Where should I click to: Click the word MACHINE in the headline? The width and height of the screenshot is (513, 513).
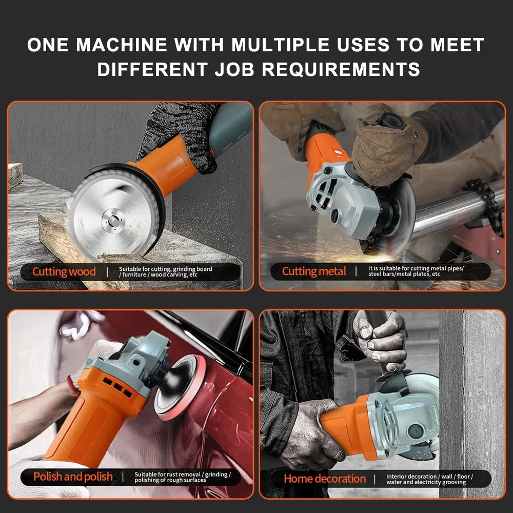122,45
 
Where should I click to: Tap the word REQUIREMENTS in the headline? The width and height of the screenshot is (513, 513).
341,69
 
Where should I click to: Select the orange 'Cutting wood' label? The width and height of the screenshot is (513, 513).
64,271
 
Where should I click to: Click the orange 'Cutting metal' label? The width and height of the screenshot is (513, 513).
314,271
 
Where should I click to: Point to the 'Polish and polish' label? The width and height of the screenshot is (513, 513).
73,477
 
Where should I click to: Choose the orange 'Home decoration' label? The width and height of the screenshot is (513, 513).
325,479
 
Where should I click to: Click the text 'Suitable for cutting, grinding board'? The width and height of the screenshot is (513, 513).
165,268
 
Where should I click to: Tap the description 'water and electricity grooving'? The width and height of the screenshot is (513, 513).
426,482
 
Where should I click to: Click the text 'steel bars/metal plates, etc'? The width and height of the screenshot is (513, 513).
404,274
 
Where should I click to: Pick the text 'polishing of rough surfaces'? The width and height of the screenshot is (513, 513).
170,480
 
